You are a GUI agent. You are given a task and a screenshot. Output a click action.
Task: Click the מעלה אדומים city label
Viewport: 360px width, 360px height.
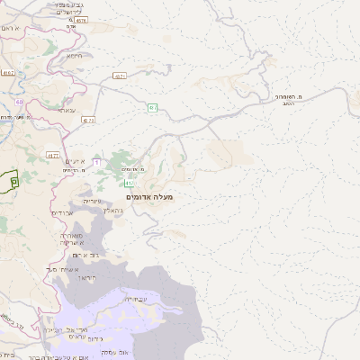151,196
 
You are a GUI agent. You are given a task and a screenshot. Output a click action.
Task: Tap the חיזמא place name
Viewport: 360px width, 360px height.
74,56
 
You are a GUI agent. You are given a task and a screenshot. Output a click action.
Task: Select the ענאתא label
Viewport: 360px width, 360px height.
66,110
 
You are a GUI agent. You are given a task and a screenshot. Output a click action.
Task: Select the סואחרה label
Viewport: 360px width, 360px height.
67,235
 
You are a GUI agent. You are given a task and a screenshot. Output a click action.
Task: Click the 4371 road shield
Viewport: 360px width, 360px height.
119,76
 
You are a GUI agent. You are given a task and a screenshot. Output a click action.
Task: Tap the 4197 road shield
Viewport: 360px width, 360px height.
9,73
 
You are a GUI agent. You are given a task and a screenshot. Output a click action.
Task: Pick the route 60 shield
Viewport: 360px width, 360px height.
19,102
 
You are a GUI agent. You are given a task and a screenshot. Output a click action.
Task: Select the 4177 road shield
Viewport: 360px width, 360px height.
53,156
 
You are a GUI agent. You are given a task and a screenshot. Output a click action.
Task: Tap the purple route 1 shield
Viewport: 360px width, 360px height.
96,161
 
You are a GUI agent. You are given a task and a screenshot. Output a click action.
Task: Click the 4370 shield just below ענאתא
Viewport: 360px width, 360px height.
87,120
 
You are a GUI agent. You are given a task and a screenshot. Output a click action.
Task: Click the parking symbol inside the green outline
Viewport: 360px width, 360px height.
13,181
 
